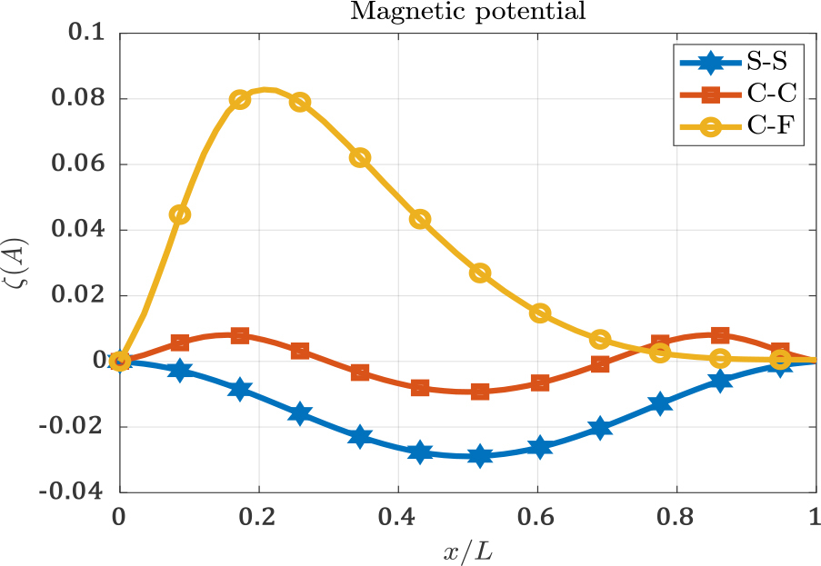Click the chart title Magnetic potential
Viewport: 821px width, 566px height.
(x=467, y=12)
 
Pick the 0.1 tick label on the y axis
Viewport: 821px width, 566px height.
(x=92, y=34)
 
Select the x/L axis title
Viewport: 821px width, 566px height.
(x=467, y=549)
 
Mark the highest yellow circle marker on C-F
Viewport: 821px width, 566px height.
(x=240, y=100)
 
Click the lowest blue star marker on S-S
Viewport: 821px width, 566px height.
(x=480, y=456)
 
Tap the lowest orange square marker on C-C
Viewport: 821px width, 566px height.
(x=480, y=392)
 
